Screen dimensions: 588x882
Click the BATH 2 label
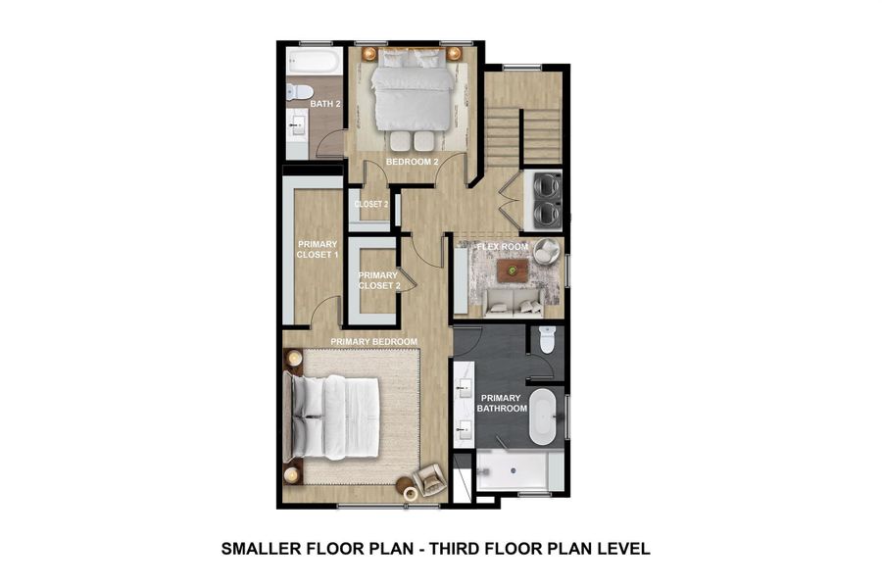coord(324,104)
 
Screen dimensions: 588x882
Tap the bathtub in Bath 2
coord(314,64)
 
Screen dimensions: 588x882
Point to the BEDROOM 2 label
coord(411,161)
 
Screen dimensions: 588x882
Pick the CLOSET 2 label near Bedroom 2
coord(371,204)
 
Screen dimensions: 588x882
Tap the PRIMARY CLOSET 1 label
coord(318,249)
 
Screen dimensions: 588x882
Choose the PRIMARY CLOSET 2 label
coord(378,280)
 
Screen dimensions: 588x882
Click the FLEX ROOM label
coord(502,247)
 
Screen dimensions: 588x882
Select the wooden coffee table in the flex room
coord(512,269)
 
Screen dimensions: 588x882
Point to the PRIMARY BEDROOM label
coord(374,341)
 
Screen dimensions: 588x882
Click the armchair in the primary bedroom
coord(429,480)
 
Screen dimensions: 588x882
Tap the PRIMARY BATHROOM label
coord(502,403)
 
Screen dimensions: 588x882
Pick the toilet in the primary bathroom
coord(547,339)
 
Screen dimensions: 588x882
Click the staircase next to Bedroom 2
coord(524,122)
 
